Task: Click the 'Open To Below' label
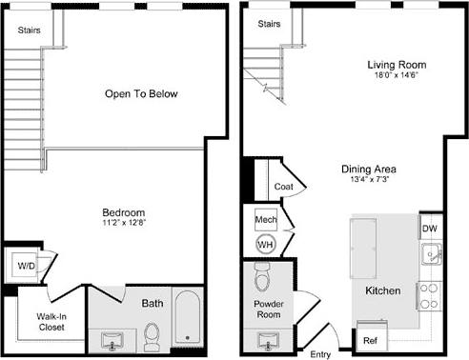pos(141,94)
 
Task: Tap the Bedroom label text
pos(124,211)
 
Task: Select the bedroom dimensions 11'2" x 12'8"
pos(124,223)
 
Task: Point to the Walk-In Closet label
pos(51,322)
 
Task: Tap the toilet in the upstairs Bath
pos(152,336)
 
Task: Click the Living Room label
pos(397,65)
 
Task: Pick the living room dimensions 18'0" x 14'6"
pos(397,76)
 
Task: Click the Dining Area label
pos(369,170)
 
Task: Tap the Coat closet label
pos(283,188)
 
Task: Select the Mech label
pos(265,219)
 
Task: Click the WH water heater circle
pos(265,244)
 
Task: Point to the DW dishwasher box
pos(429,229)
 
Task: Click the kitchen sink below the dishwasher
pos(431,254)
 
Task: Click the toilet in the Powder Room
pos(264,278)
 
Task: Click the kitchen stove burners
pos(430,295)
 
